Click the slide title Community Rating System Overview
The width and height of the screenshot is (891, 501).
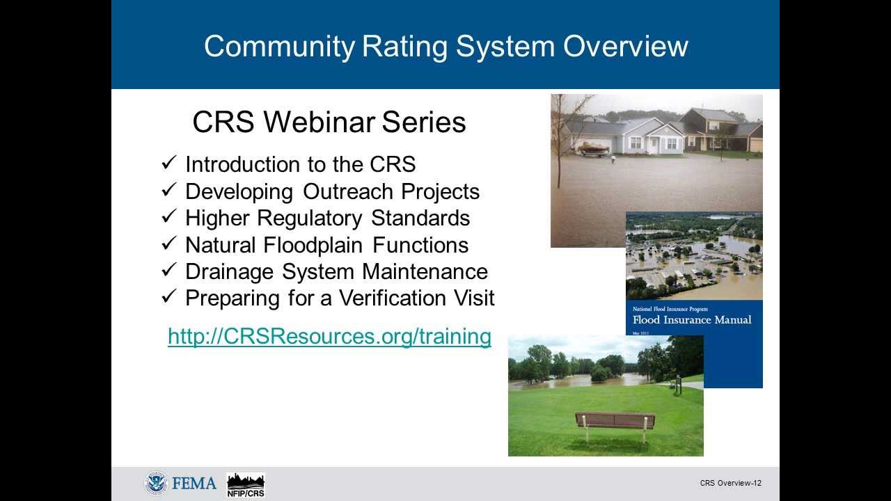(x=445, y=46)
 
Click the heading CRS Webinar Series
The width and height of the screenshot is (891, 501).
(x=329, y=122)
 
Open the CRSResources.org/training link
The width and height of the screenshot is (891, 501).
(x=329, y=337)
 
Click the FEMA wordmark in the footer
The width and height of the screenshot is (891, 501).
(x=194, y=484)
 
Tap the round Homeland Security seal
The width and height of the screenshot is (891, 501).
(x=156, y=484)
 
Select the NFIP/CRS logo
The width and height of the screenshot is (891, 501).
(x=246, y=485)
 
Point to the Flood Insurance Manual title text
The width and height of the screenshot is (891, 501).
(x=692, y=320)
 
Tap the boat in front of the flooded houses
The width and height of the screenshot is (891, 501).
(x=591, y=148)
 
